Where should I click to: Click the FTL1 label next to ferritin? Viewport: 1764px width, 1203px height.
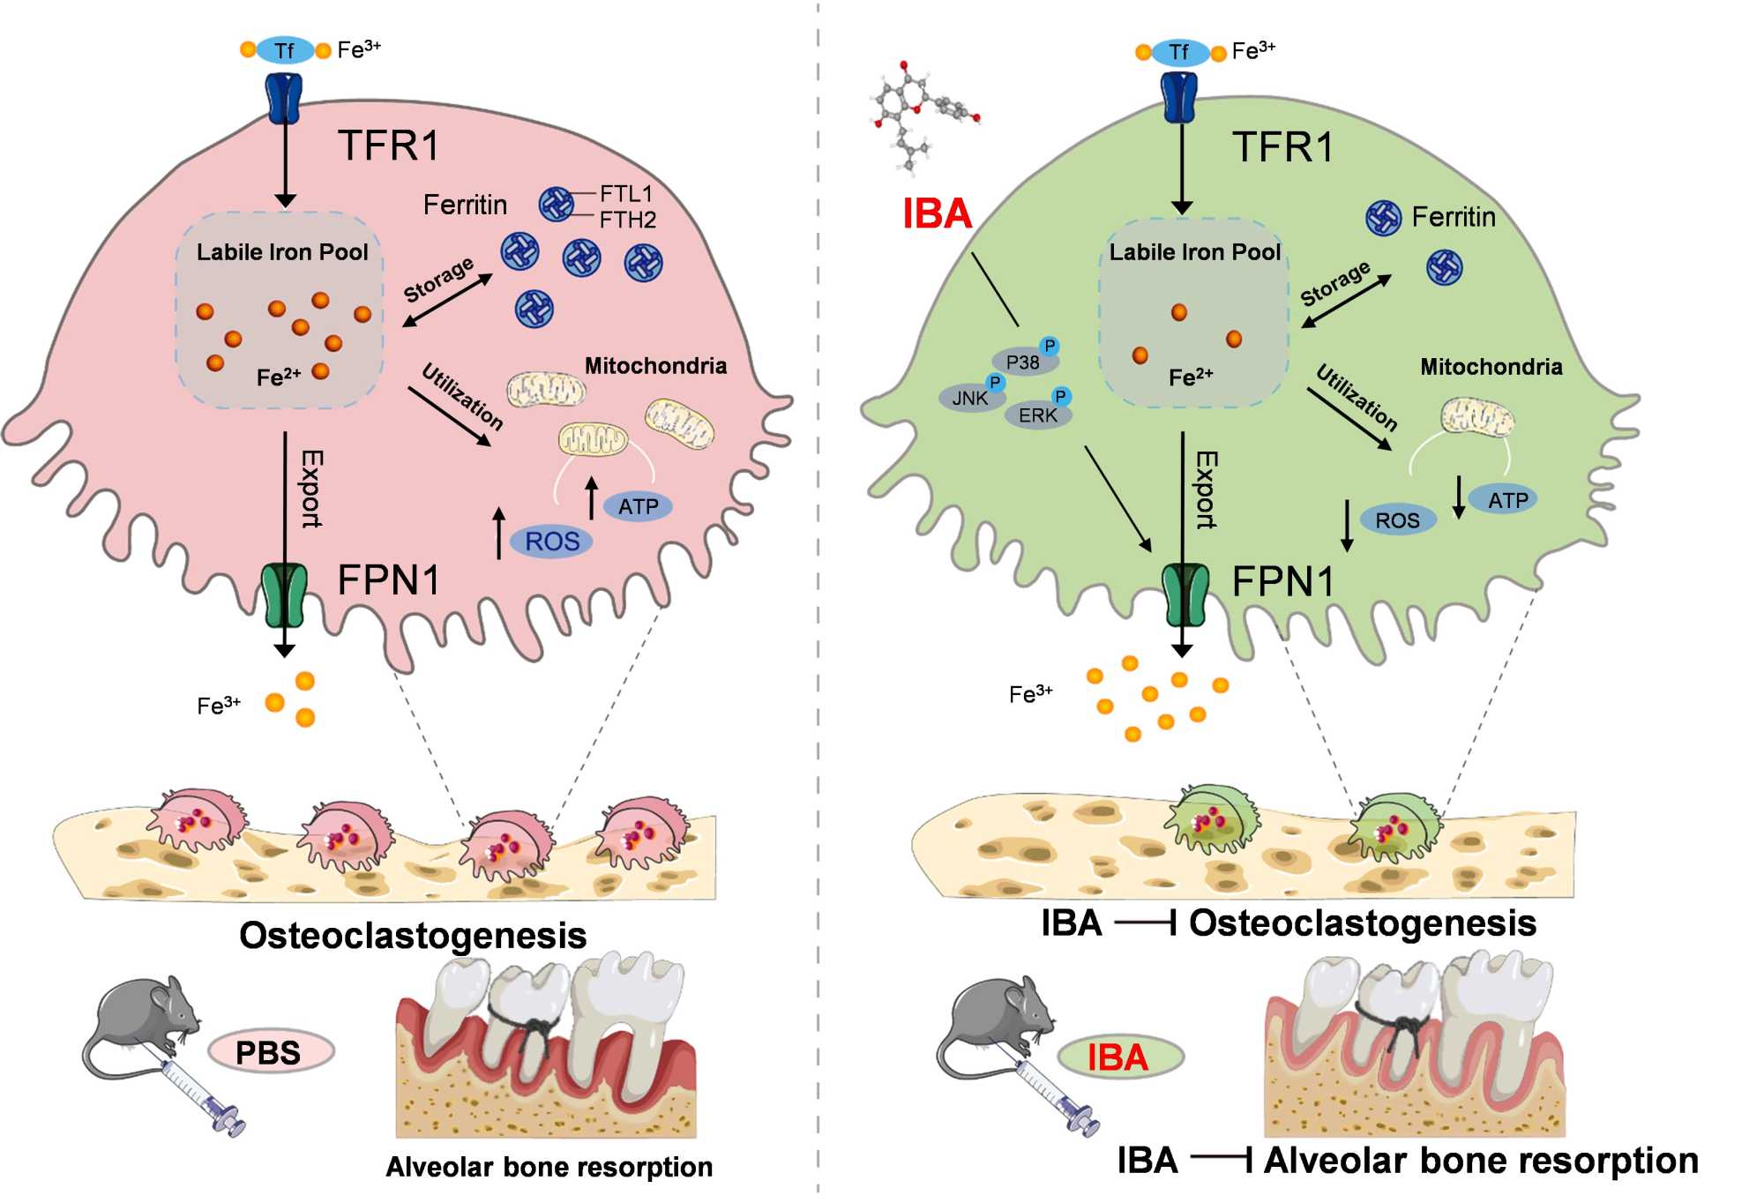(625, 193)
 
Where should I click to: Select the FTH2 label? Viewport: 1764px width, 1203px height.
(627, 220)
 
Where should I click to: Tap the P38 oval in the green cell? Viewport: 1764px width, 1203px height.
(1023, 362)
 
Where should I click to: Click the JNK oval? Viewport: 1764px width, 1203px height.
(970, 398)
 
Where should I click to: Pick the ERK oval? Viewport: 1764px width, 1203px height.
(1038, 415)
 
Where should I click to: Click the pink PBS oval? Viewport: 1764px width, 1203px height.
(270, 1052)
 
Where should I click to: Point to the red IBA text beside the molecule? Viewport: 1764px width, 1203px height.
(937, 213)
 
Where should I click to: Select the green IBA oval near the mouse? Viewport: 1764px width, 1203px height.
(1118, 1057)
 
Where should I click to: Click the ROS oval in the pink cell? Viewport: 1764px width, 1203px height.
(552, 542)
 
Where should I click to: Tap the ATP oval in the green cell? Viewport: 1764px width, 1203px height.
(1506, 500)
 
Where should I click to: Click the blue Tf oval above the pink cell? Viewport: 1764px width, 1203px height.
(285, 50)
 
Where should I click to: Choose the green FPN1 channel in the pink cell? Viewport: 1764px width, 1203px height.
(284, 595)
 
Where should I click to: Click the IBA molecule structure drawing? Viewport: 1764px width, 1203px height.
(922, 115)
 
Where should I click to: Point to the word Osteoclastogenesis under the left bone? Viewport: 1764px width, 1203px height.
(413, 935)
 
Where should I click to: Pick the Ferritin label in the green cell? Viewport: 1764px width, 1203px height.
(1454, 217)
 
